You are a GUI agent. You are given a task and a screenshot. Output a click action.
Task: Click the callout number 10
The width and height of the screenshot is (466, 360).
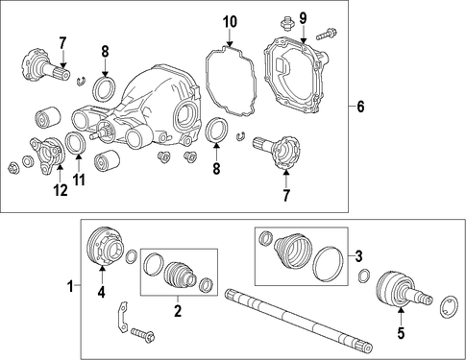point(230,22)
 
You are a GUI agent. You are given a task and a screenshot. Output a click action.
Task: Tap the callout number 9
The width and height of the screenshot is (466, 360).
point(303,18)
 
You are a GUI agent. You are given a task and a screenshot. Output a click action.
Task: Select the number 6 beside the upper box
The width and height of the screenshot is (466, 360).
point(360,107)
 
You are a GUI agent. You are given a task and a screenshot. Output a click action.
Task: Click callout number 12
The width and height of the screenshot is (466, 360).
point(61,190)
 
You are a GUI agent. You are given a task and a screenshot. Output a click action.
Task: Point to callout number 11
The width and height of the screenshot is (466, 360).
point(79,180)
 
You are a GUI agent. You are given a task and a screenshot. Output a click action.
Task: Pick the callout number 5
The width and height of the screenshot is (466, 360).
point(401,333)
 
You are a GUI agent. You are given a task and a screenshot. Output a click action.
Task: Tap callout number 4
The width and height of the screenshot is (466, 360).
point(102,292)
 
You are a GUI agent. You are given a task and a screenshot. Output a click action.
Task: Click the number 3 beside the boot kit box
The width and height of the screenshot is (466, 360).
point(358,256)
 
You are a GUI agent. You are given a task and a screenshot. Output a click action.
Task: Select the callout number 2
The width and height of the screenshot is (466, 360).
point(178,311)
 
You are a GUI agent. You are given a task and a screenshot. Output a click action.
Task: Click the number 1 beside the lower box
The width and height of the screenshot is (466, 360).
point(70,286)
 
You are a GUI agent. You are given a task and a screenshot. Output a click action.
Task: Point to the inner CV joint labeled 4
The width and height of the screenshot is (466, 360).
point(105,246)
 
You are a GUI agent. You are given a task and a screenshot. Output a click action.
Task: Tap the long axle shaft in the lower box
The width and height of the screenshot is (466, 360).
point(299,320)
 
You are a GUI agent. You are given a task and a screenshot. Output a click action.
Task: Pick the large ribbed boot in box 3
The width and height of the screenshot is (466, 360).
point(293,250)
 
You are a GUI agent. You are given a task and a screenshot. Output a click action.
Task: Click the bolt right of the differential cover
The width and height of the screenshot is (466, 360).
point(327,34)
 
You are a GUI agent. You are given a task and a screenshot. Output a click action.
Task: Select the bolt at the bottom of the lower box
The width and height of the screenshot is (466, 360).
point(142,335)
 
